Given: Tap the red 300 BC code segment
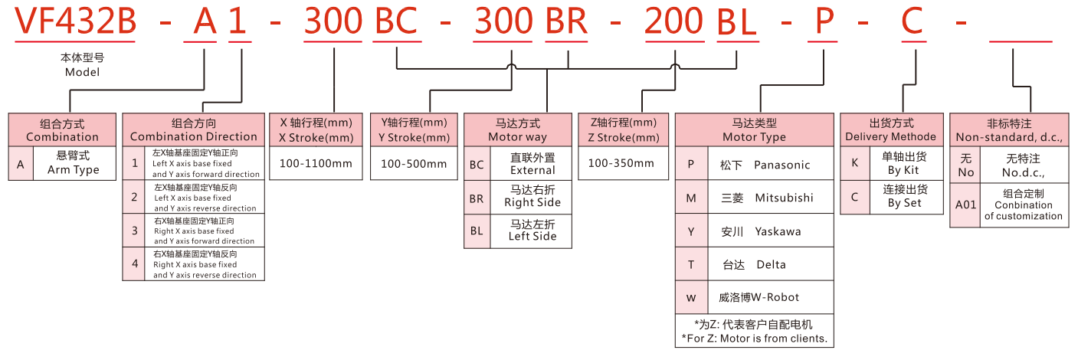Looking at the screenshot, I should point(363,23).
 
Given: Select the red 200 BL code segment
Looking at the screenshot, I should point(701,23).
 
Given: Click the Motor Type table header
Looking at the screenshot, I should point(754,129).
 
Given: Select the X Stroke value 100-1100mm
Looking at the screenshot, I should point(316,163).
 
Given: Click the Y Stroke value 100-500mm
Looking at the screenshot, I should point(414,163).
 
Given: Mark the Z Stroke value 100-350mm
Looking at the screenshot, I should point(621,163).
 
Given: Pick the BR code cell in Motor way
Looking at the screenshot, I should point(477,198).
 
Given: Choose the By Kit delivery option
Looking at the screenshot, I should point(904,163).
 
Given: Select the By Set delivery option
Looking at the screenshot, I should point(904,196).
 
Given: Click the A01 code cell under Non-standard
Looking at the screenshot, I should point(965,205).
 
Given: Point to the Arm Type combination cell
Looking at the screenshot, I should point(74,163).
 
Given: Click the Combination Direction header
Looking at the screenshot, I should point(194,129).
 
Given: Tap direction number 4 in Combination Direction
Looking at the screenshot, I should point(134,263).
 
